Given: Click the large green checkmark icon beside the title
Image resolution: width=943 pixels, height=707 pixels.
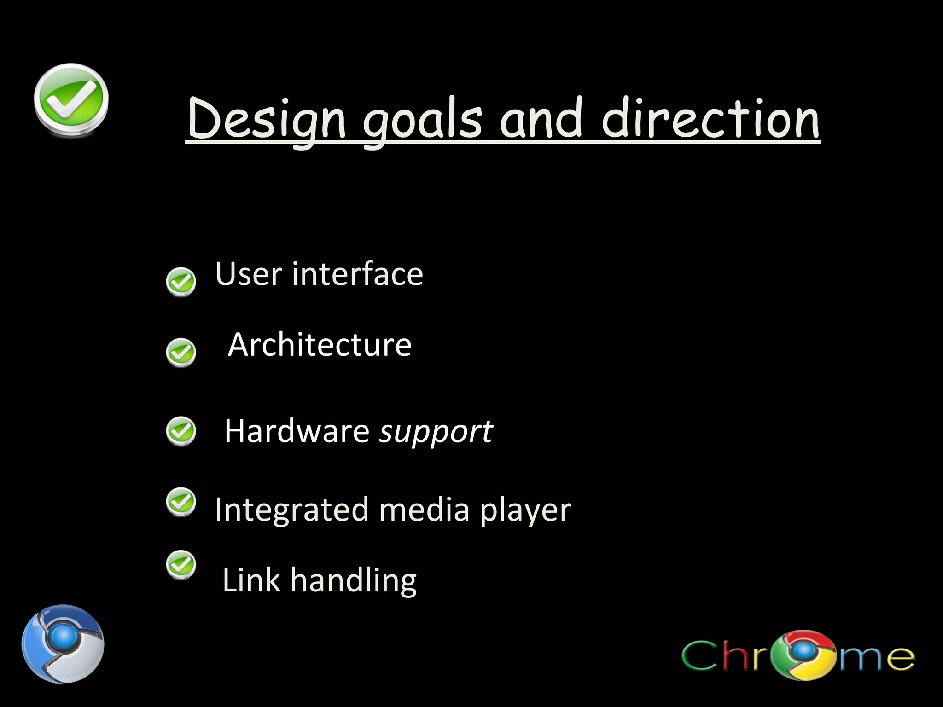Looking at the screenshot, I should pyautogui.click(x=71, y=100).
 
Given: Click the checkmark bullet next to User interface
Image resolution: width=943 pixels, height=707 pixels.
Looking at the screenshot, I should pyautogui.click(x=181, y=282).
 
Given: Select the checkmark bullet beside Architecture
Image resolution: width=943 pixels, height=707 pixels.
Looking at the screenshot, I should pyautogui.click(x=181, y=353).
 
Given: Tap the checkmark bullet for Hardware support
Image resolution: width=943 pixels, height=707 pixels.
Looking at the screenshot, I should pyautogui.click(x=181, y=431).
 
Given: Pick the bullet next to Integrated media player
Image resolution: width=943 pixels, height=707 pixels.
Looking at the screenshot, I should pyautogui.click(x=181, y=502).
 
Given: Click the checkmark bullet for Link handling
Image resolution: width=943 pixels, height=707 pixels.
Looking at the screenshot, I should pyautogui.click(x=181, y=564).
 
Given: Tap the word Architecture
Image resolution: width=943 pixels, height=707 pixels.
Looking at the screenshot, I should pyautogui.click(x=320, y=345).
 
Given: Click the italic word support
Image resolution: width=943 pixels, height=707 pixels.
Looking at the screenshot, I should pyautogui.click(x=436, y=432).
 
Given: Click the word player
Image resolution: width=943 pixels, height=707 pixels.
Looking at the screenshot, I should pyautogui.click(x=525, y=511).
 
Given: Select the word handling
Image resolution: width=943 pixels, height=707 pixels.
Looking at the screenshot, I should pyautogui.click(x=353, y=581).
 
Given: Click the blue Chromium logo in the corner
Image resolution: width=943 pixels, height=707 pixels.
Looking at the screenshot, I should pyautogui.click(x=63, y=643).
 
